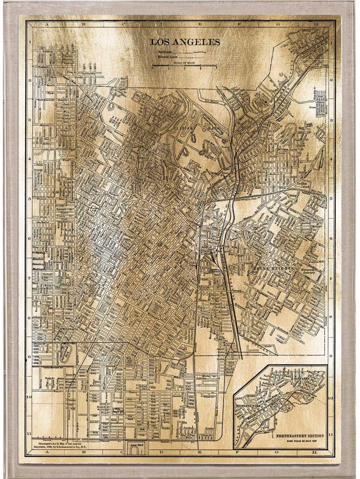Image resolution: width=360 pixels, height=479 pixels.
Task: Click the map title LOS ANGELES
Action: tap(185, 42)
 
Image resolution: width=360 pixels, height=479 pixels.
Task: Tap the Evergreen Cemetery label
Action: tap(309, 271)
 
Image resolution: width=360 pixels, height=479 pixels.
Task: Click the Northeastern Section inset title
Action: tap(300, 436)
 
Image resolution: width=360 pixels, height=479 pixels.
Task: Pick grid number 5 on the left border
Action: tap(29, 199)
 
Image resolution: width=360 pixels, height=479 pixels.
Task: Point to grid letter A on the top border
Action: tap(46, 25)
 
